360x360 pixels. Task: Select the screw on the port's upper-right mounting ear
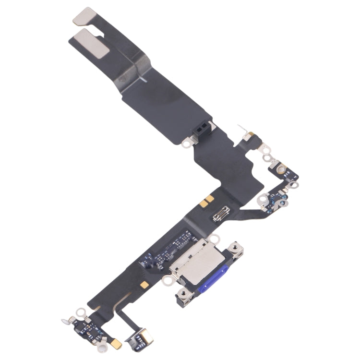235,249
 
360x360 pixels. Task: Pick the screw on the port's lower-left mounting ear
183,294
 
